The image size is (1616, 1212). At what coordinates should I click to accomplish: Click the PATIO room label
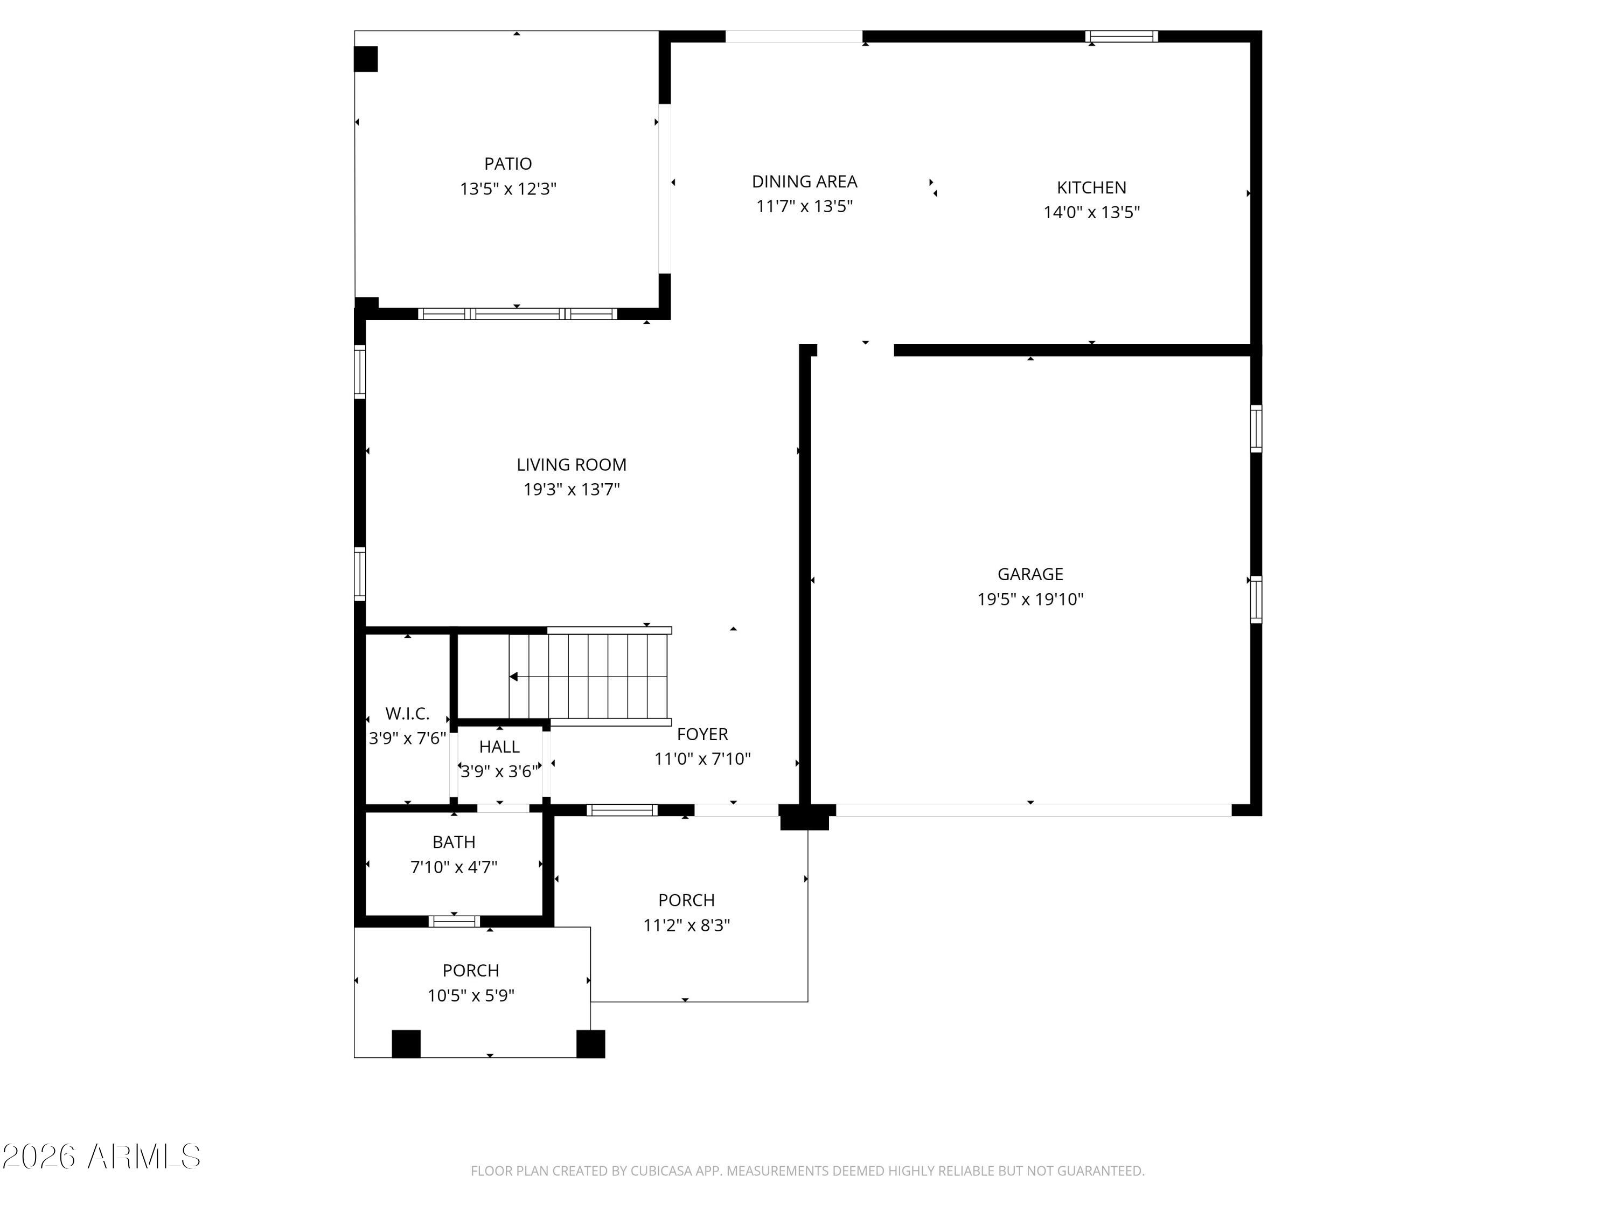(508, 164)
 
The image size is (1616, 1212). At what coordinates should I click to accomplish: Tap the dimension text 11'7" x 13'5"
(804, 206)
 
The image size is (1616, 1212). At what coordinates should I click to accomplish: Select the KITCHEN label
(1091, 188)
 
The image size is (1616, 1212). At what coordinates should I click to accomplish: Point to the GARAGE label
(1030, 574)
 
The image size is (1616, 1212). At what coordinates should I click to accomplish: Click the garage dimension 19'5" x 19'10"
(1030, 599)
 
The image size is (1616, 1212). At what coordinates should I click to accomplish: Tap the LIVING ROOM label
(572, 465)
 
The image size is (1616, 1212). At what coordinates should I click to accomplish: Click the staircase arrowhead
(513, 677)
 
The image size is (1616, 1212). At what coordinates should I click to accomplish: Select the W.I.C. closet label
(407, 713)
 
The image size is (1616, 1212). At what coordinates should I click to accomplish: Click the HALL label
(499, 747)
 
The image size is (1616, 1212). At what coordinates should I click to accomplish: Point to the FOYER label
(702, 734)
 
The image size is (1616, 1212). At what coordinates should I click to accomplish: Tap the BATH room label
(454, 842)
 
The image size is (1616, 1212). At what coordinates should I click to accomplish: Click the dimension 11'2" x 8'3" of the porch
(686, 925)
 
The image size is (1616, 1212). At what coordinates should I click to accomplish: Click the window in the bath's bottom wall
(454, 921)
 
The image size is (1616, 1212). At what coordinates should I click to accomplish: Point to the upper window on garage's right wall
(1256, 429)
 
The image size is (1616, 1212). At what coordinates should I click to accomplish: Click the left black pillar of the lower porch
(406, 1043)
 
